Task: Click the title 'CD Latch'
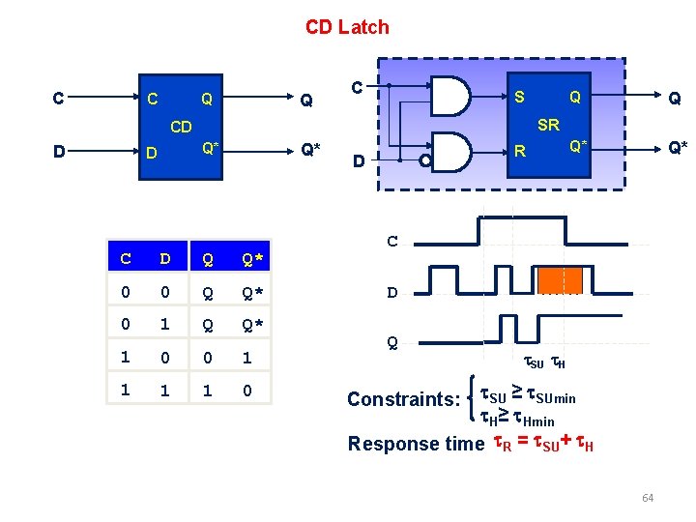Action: coord(347,27)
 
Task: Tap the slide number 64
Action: coord(647,498)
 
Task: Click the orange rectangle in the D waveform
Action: coord(561,279)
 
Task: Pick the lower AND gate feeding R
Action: coord(449,152)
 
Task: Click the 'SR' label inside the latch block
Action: coord(548,125)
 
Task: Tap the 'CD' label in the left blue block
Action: coord(181,127)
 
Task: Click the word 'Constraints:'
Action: coord(404,399)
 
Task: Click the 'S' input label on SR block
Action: coord(520,97)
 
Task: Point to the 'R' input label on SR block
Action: coord(520,152)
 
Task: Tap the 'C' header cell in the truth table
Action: coord(126,259)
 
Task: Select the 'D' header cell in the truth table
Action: coord(165,259)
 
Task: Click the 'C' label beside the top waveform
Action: coord(392,241)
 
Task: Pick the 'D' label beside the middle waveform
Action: coord(392,291)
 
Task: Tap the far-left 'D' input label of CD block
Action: coord(60,152)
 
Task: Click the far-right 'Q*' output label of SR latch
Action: coord(678,148)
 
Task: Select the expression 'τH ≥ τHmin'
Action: coord(518,418)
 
